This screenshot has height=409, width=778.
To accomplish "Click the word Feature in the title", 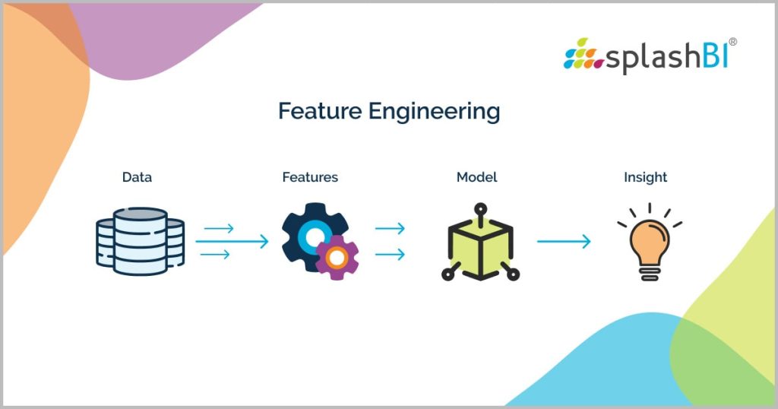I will click(319, 112).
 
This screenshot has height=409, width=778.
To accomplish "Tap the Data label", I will click(137, 177).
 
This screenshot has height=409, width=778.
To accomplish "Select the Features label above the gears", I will click(310, 177).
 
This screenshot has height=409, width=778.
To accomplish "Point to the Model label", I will click(476, 177).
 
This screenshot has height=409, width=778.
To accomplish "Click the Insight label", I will click(645, 177).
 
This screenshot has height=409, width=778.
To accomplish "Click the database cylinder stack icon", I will click(141, 241).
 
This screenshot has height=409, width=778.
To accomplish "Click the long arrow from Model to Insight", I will click(563, 242).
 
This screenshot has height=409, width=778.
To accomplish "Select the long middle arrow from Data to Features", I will click(232, 242).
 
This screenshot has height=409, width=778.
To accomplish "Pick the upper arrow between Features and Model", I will click(390, 228).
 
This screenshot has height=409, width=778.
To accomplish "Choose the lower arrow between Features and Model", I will click(390, 255).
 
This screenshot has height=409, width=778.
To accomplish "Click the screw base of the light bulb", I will click(648, 272).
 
